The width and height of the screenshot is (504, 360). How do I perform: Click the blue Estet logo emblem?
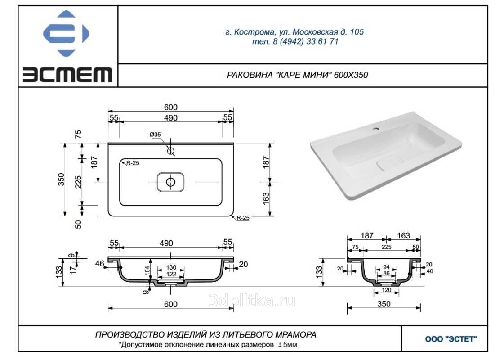[x=66, y=33]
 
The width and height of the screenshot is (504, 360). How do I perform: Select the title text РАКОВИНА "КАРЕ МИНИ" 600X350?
[x=297, y=75]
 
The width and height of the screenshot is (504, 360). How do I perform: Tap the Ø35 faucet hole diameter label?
[x=155, y=135]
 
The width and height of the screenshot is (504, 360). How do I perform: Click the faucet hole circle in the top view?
[x=171, y=151]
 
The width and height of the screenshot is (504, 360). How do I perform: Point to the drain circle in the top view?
[x=171, y=182]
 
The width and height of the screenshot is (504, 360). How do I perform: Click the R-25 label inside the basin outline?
[x=133, y=163]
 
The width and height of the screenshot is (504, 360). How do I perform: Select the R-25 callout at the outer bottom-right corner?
[x=243, y=218]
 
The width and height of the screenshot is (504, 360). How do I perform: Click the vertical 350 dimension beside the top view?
[x=61, y=180]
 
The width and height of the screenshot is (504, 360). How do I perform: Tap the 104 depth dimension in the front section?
[x=147, y=270]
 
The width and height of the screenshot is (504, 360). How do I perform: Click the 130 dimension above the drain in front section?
[x=171, y=267]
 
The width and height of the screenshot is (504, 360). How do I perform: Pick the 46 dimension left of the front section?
[x=100, y=264]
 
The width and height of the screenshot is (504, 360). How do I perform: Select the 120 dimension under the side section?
[x=386, y=290]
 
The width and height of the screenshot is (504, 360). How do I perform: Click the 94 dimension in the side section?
[x=386, y=267]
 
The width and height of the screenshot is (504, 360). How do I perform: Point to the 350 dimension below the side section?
[x=384, y=304]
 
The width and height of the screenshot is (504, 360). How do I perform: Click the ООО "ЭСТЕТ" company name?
[x=451, y=339]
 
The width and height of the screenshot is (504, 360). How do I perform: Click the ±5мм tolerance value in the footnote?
[x=287, y=345]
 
